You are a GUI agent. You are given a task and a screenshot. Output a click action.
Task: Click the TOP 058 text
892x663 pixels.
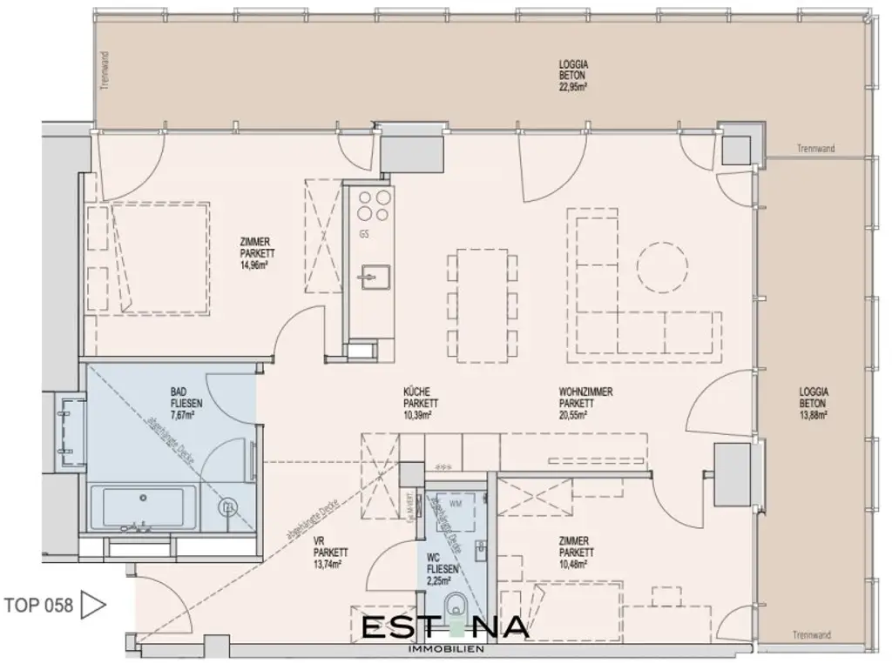click(x=39, y=606)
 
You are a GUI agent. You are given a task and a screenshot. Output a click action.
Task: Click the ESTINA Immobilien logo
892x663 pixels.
click(x=443, y=631)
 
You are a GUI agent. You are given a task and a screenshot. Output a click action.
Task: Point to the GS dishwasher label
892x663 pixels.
click(x=363, y=234)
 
